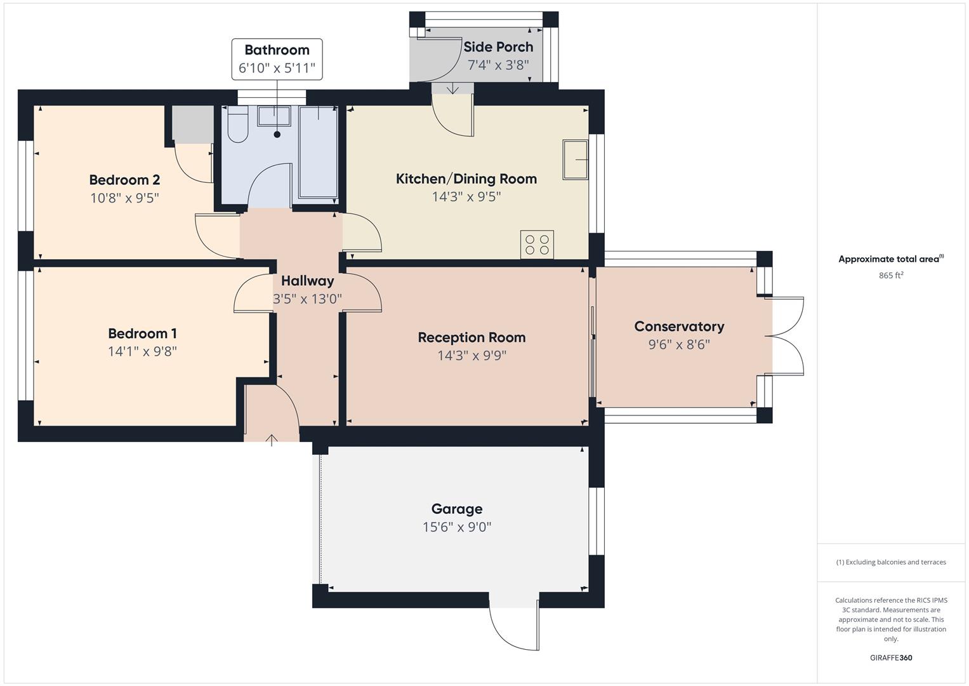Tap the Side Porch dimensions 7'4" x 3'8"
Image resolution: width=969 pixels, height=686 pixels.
pyautogui.click(x=498, y=65)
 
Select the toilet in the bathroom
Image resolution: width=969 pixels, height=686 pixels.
pyautogui.click(x=237, y=125)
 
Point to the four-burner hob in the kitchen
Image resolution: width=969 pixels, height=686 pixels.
pyautogui.click(x=537, y=245)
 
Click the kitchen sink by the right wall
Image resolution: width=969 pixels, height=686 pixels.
pyautogui.click(x=575, y=159)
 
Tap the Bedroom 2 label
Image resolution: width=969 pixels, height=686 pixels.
pyautogui.click(x=124, y=180)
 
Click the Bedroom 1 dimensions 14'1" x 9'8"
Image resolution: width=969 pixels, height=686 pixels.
pyautogui.click(x=142, y=351)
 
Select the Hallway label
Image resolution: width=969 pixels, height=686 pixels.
pyautogui.click(x=307, y=281)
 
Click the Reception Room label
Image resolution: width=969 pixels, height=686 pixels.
pyautogui.click(x=471, y=337)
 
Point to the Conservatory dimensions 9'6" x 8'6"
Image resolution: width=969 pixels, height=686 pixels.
pyautogui.click(x=678, y=344)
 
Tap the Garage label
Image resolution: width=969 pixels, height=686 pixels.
pyautogui.click(x=456, y=509)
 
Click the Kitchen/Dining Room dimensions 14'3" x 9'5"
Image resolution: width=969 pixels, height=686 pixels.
pyautogui.click(x=466, y=197)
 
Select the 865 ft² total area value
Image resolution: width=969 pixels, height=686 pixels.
pyautogui.click(x=891, y=276)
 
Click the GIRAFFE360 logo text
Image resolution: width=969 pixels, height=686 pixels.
pyautogui.click(x=891, y=658)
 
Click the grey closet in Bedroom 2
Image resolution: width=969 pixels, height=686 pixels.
pyautogui.click(x=192, y=124)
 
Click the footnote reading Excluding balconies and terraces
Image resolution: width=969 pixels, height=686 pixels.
pyautogui.click(x=891, y=562)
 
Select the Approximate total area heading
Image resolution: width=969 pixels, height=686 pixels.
pyautogui.click(x=891, y=259)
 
